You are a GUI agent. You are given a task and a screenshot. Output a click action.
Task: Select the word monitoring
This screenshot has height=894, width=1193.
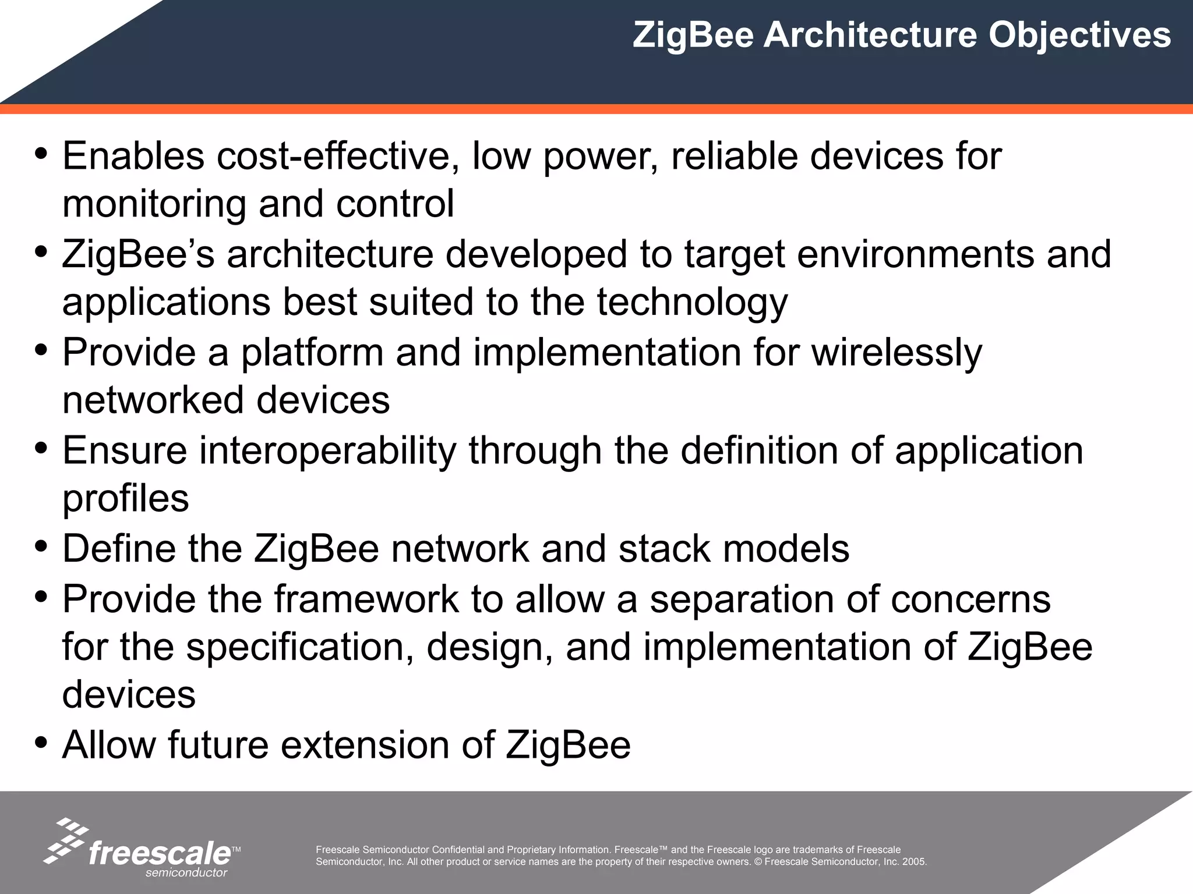[x=154, y=205]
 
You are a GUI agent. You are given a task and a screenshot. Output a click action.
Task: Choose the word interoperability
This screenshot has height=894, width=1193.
[x=328, y=450]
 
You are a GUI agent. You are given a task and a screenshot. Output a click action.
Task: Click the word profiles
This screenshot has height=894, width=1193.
[x=126, y=499]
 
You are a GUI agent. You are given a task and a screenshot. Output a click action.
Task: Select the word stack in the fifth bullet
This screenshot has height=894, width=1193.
[x=665, y=548]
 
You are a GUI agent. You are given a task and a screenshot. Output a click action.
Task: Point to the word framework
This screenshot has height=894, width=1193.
[x=366, y=599]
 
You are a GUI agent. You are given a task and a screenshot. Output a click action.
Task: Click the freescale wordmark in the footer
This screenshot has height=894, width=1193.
[x=160, y=853]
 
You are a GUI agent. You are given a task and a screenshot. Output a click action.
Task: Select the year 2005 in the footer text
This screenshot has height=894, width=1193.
[x=914, y=862]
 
